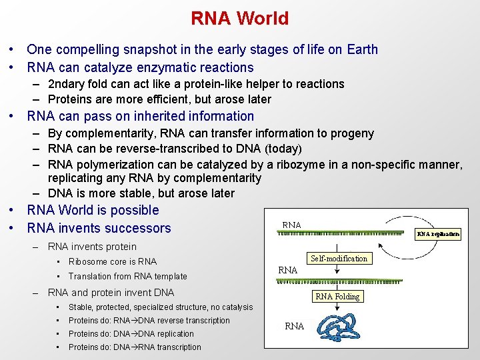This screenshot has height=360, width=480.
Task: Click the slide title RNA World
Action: click(239, 18)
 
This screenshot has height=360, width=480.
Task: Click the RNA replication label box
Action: click(438, 234)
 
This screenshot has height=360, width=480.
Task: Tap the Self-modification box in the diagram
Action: click(339, 258)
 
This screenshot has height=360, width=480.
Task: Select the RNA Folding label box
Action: click(337, 297)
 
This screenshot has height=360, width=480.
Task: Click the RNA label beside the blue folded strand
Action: click(294, 326)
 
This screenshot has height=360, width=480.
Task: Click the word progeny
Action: click(351, 133)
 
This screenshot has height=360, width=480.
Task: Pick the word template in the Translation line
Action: click(170, 276)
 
